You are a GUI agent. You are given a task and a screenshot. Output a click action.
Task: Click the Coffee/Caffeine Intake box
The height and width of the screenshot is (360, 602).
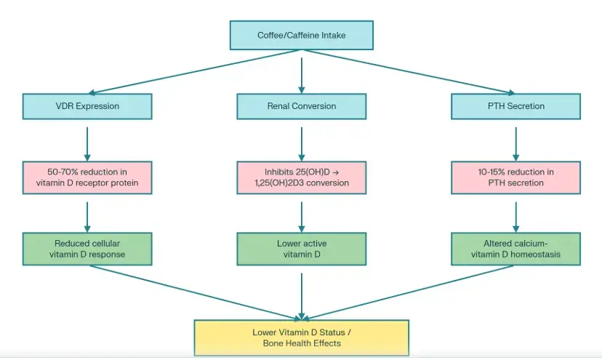tap(301, 35)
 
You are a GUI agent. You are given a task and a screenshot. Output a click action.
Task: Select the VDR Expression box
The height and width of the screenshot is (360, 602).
tap(87, 106)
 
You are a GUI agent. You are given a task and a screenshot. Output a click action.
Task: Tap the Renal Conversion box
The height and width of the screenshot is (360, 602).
tap(301, 106)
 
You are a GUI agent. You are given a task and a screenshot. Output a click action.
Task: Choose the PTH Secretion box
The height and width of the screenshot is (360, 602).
tap(515, 106)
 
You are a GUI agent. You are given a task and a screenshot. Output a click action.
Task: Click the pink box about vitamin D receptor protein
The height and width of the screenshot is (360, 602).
tap(87, 177)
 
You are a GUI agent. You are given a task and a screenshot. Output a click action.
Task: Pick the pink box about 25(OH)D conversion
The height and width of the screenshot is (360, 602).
tap(301, 177)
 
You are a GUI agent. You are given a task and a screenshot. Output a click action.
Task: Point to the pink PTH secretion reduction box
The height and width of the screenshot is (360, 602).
tap(515, 177)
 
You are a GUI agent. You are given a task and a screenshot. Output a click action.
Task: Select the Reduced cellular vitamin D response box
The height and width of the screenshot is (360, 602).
tap(87, 249)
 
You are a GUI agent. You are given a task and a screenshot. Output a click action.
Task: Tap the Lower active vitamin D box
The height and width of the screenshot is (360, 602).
tap(301, 249)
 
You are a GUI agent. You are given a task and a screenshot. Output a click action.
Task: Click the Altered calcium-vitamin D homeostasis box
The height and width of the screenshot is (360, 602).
tap(515, 249)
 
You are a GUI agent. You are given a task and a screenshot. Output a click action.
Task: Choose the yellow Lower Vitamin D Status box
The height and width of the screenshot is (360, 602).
tap(301, 337)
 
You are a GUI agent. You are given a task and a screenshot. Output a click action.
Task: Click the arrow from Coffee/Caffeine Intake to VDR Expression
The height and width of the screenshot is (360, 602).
tap(193, 71)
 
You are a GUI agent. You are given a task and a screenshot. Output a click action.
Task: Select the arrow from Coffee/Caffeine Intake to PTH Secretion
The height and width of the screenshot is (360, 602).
tap(409, 71)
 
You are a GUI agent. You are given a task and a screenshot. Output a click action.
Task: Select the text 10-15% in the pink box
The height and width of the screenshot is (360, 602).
tap(491, 172)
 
